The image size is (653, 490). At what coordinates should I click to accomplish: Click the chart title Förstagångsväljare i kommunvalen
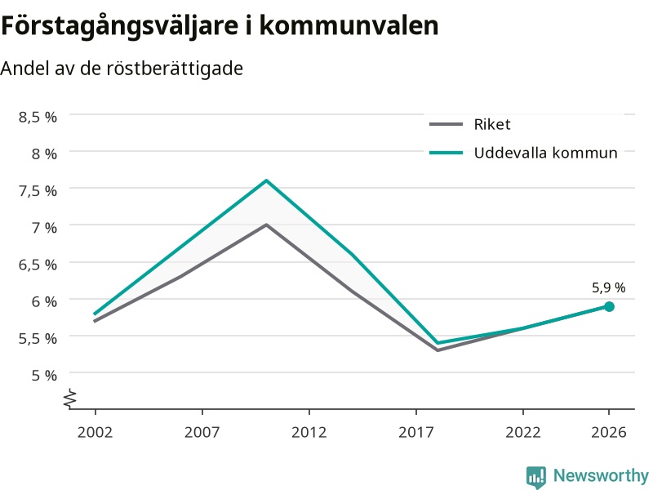(220, 26)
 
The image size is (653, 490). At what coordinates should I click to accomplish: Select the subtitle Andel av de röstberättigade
(122, 69)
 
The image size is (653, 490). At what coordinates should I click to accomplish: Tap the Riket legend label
(492, 124)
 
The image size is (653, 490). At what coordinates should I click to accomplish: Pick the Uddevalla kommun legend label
(545, 153)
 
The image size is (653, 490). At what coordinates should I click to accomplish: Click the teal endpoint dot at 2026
(609, 307)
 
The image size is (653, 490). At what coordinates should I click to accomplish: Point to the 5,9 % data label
(608, 287)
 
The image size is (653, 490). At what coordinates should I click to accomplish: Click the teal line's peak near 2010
(267, 180)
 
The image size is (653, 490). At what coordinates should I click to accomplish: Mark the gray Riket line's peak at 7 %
(267, 225)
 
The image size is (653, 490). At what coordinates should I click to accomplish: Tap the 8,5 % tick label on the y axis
(38, 117)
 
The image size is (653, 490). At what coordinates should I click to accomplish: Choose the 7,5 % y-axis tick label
(38, 191)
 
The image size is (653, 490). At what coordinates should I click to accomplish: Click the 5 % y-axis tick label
(44, 376)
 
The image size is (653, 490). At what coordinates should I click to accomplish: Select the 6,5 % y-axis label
(38, 265)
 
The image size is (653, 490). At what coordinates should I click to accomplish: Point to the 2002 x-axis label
(95, 432)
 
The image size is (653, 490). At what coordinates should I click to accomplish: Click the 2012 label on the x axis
(309, 432)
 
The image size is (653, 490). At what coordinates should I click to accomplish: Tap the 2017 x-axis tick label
(416, 432)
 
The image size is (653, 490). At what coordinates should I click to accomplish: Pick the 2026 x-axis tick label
(609, 432)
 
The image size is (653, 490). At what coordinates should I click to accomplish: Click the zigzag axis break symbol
(70, 399)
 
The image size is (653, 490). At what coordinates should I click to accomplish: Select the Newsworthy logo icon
(536, 477)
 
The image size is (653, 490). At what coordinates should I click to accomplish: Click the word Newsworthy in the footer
(601, 475)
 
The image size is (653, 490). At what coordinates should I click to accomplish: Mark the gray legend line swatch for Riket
(446, 124)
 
